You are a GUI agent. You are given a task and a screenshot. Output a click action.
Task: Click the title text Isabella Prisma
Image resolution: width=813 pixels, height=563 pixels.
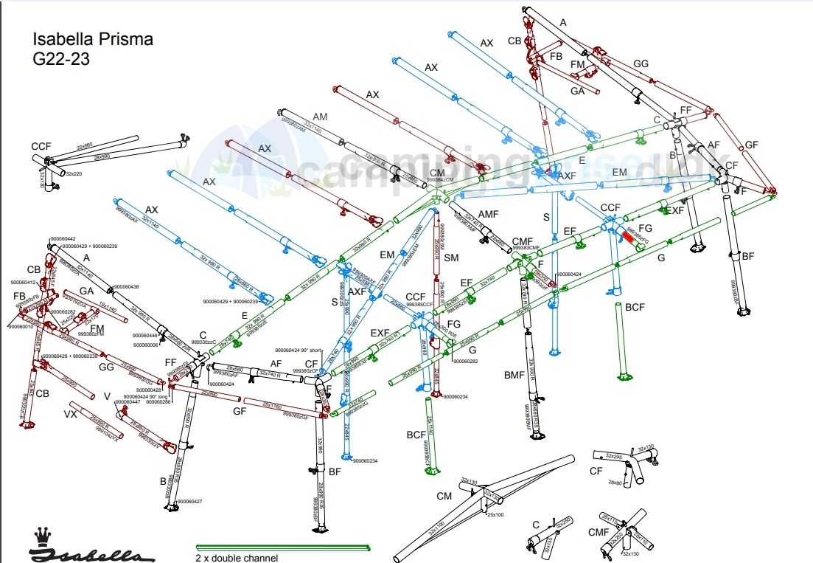tap(93, 40)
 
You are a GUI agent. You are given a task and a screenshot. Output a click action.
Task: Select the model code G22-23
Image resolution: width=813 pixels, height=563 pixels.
tap(61, 59)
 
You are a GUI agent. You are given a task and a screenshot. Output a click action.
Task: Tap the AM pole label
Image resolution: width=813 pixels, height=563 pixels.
tap(320, 117)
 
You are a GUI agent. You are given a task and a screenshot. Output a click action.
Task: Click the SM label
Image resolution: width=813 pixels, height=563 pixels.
tap(451, 258)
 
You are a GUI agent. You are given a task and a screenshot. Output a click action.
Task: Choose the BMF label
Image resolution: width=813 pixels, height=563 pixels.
tap(514, 376)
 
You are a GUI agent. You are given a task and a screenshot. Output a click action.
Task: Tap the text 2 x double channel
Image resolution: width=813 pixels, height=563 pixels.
tap(237, 558)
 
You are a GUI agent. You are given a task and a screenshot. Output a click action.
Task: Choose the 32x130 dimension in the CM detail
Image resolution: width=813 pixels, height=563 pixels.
tap(469, 480)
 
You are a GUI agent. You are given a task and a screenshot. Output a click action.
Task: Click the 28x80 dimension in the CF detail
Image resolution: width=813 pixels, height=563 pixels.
tap(616, 482)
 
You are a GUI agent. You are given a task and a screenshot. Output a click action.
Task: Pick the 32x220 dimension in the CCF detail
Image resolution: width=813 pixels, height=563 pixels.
tap(74, 173)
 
